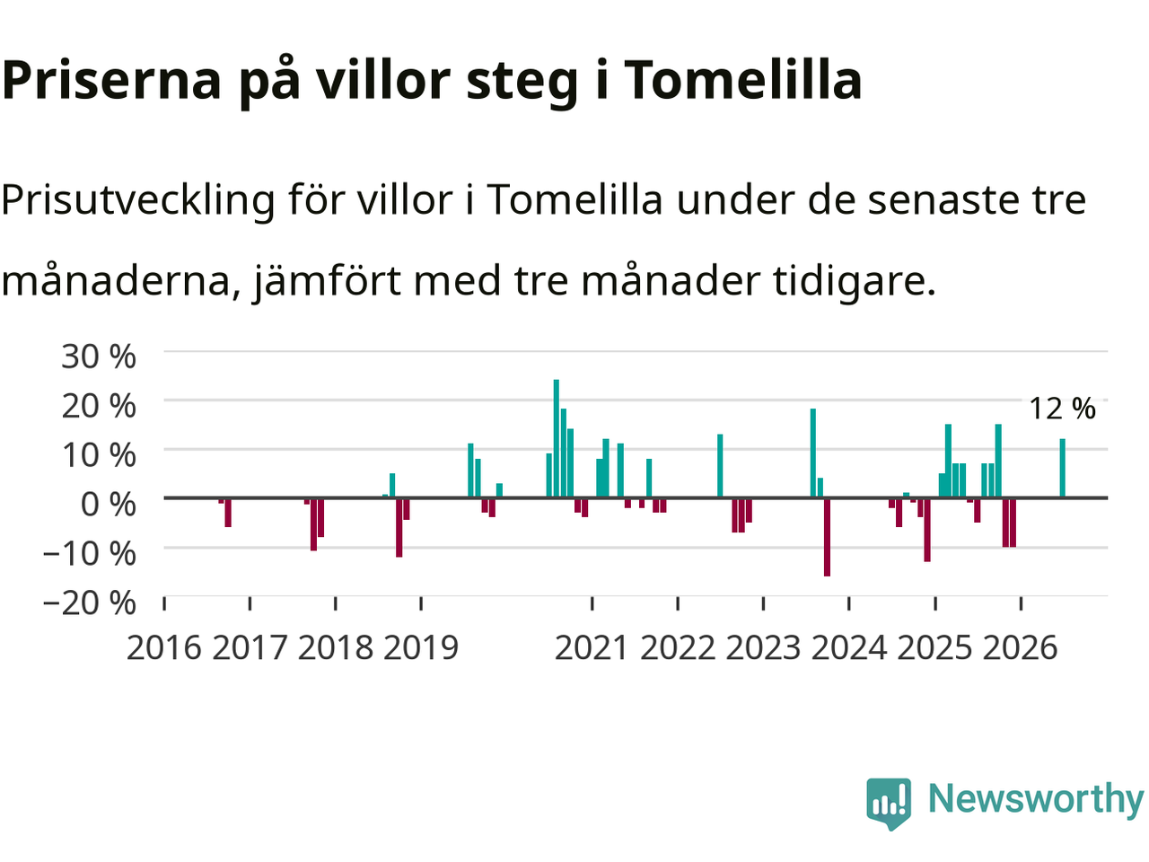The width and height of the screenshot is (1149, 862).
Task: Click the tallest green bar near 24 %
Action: pos(556,438)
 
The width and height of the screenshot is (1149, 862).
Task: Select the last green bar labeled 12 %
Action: pos(1062,468)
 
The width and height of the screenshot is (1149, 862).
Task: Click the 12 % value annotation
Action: pos(1062,409)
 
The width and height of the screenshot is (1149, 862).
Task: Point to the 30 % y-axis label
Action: pos(99,357)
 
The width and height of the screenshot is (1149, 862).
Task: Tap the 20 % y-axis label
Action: pos(99,406)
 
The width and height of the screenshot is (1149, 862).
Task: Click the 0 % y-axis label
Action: pos(108,505)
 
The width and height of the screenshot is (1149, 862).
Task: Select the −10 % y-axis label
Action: pos(89,553)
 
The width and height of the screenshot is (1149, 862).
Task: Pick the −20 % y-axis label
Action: pos(89,603)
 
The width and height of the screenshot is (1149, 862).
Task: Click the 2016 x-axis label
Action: pos(164,648)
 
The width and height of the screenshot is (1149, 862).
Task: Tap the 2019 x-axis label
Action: pos(421,648)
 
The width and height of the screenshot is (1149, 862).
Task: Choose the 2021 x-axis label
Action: pos(592,648)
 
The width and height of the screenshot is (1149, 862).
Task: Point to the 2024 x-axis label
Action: pos(849,648)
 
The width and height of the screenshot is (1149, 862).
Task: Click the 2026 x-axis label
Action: pos(1021,648)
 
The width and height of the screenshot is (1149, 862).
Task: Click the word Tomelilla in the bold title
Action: pos(742,80)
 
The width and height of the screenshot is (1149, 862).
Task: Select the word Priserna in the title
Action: pos(111,80)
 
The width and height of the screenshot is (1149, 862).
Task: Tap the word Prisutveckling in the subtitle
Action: pos(137,201)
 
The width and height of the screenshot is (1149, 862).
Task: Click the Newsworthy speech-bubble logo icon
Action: pos(889,804)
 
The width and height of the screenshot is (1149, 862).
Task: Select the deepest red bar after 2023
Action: pos(827,537)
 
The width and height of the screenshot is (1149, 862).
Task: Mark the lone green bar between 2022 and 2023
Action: pos(720,466)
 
